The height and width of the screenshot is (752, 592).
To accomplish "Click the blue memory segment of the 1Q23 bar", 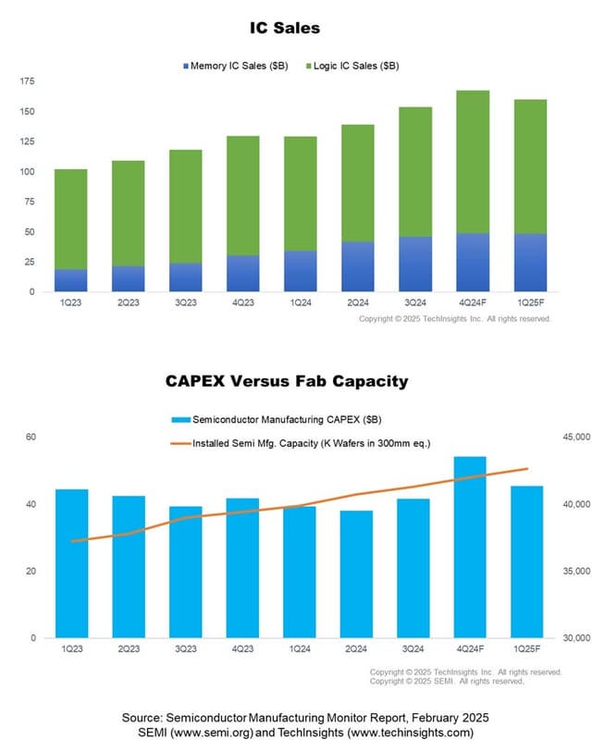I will pos(71,280).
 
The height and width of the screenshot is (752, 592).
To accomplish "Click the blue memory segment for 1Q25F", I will pos(530,263).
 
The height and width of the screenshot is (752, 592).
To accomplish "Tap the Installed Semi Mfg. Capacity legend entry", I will pos(310,443).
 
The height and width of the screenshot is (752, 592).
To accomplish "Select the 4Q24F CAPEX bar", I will pos(470,547).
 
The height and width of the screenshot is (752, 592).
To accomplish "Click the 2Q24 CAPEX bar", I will pos(356,573).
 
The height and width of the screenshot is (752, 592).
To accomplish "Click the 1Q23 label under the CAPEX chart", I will pos(71,649).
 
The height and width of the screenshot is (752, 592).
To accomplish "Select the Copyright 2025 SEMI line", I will pos(447,681).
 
